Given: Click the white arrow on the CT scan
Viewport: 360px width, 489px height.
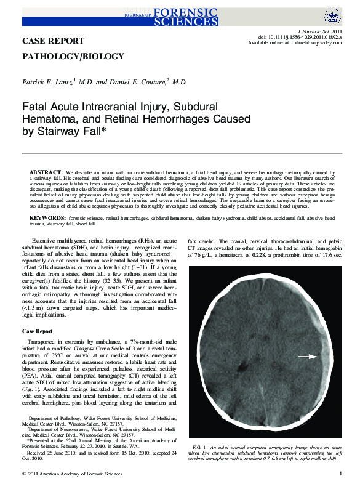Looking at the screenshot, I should click(308, 357).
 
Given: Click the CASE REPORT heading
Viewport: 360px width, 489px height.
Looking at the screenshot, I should click(54, 41).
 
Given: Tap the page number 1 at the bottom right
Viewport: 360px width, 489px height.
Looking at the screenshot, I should click(340, 474).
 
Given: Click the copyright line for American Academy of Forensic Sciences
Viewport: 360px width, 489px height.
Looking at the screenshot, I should click(76, 474).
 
